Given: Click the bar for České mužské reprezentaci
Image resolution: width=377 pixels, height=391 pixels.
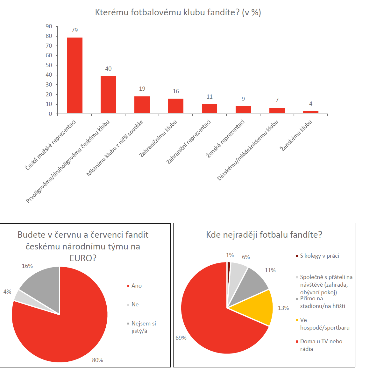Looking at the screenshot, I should [75, 75].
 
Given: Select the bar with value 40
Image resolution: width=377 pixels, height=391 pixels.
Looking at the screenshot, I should [108, 94].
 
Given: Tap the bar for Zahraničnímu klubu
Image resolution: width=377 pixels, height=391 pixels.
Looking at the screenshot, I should [176, 106].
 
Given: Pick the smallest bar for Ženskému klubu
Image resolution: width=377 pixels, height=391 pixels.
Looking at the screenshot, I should [311, 112].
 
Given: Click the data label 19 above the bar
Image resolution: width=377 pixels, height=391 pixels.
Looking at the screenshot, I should [142, 89].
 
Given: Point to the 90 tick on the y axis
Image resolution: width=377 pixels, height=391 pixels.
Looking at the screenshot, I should [49, 26].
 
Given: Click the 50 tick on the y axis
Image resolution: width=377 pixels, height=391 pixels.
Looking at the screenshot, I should [49, 65].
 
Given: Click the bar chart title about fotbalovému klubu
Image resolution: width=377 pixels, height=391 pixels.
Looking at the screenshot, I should [178, 12].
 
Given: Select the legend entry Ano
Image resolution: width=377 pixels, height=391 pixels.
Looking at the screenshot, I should [136, 286].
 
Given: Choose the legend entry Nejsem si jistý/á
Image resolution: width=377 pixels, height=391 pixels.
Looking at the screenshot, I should [143, 327].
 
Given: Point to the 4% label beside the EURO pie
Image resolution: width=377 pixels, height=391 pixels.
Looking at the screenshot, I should [7, 292].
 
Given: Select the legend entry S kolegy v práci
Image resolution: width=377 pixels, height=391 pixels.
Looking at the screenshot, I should [319, 256].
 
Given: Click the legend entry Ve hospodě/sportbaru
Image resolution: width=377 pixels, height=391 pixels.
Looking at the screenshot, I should [324, 324].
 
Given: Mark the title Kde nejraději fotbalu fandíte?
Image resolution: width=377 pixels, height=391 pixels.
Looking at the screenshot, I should [264, 235].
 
